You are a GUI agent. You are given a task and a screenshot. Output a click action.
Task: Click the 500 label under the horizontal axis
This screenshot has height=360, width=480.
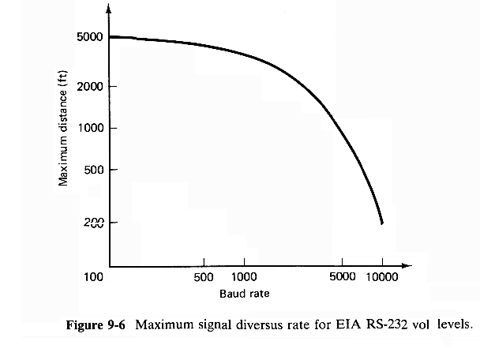coord(204,278)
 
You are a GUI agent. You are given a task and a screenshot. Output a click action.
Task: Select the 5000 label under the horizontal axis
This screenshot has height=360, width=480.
coord(342,278)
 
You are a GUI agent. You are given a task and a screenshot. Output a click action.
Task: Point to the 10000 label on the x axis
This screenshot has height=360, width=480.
coord(383,278)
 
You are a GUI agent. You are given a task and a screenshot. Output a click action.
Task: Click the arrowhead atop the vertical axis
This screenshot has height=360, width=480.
coord(109,9)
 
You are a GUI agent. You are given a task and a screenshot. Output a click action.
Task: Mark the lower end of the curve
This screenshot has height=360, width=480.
coord(382,223)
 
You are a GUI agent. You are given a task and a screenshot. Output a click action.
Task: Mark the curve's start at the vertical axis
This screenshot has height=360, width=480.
coord(110,37)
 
